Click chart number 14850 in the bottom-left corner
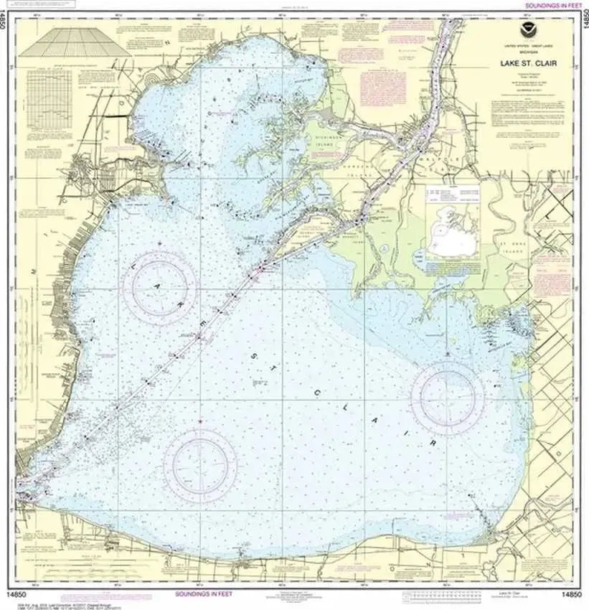[21, 595]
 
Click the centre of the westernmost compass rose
[159, 288]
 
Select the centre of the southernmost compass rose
[200, 465]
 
